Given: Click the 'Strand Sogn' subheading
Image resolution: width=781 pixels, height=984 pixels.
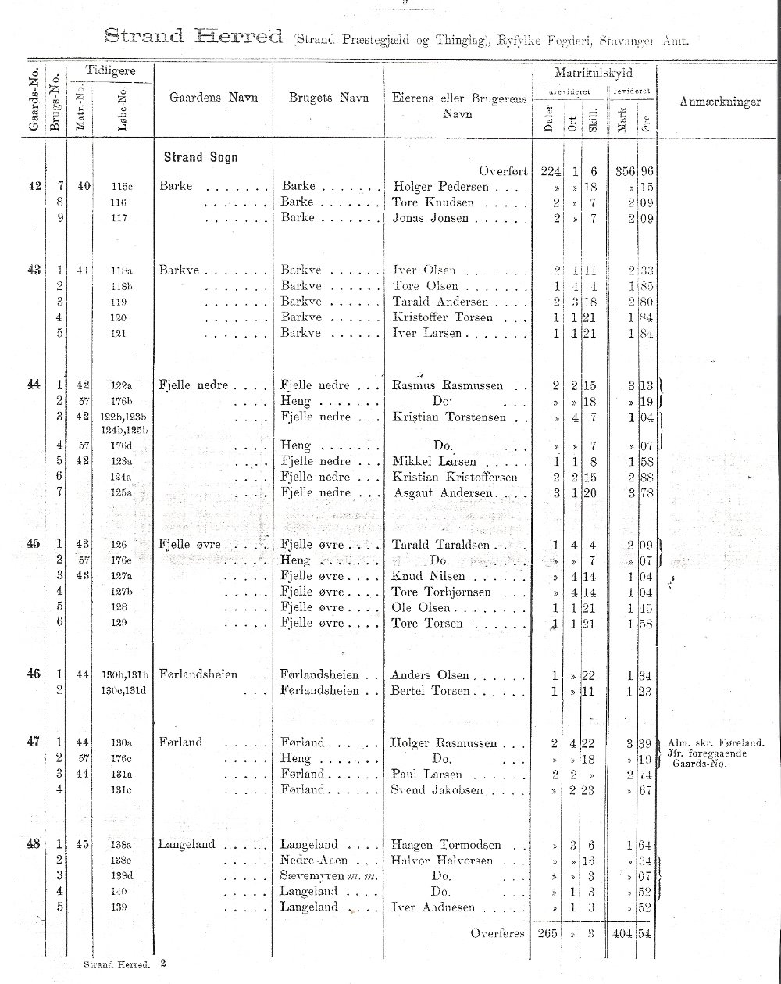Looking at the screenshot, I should [x=201, y=157].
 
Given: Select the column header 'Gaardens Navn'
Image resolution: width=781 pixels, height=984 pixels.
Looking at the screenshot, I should [x=213, y=98].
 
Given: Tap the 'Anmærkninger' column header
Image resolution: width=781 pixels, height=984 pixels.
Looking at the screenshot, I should [x=720, y=102].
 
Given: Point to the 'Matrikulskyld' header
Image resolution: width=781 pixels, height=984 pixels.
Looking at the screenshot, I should [x=594, y=73].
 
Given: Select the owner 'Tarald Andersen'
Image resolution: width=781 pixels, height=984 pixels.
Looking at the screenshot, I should [x=440, y=302].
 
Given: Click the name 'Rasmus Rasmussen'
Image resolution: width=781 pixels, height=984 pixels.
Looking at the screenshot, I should [x=448, y=385].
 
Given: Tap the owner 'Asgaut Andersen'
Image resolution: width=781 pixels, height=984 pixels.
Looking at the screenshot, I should [x=444, y=493].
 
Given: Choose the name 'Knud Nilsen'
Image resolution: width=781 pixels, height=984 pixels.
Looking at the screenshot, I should [x=429, y=576].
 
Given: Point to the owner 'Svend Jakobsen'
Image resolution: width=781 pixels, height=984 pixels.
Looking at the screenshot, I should [x=437, y=790].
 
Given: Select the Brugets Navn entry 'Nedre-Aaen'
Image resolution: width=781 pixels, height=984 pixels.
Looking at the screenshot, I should [x=311, y=860].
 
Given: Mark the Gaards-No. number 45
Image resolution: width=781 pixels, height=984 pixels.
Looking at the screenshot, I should [x=34, y=544].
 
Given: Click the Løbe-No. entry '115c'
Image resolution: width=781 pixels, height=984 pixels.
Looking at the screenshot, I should [x=123, y=188].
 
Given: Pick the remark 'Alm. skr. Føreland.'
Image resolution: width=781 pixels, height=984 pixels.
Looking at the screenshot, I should [x=715, y=742].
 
